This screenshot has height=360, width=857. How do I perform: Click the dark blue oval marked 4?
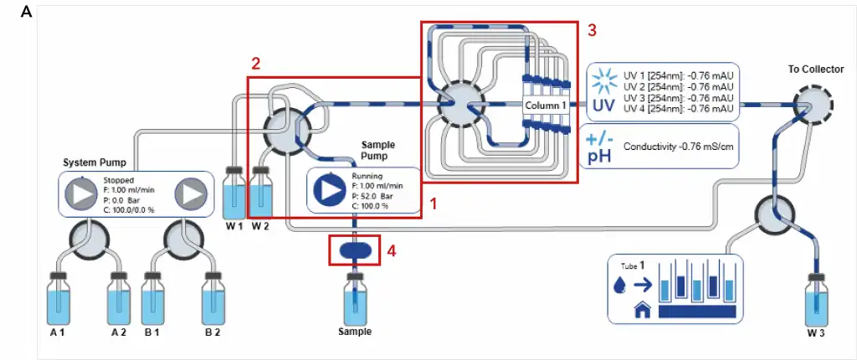[355, 249]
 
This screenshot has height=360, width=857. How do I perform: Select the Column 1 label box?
[547, 106]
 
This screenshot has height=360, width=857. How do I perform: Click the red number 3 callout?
[592, 30]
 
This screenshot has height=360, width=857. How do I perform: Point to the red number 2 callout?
[256, 64]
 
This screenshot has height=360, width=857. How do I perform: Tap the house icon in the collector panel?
[643, 311]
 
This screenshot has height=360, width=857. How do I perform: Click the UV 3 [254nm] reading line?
[679, 97]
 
